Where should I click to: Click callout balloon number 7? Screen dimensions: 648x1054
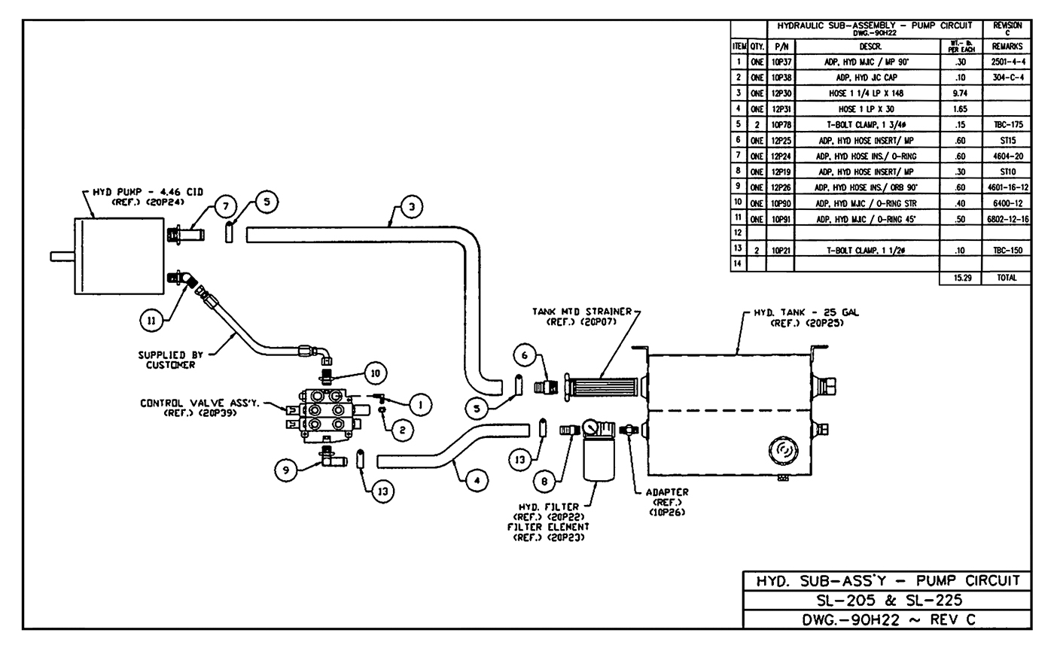click(x=225, y=205)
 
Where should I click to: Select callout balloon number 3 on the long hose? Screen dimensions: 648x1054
click(x=411, y=206)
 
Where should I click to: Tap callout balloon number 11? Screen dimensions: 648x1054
click(x=151, y=320)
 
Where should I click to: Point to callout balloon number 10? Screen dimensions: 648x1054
click(x=376, y=373)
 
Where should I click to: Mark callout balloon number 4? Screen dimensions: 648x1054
click(x=476, y=480)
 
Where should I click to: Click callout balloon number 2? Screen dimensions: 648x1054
click(x=402, y=430)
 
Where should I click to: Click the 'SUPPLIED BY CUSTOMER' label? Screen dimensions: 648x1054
click(x=166, y=360)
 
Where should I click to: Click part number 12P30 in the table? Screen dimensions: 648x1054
click(x=779, y=93)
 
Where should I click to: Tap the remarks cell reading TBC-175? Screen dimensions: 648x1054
click(x=1007, y=125)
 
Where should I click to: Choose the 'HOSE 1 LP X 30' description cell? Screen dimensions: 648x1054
click(x=866, y=109)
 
